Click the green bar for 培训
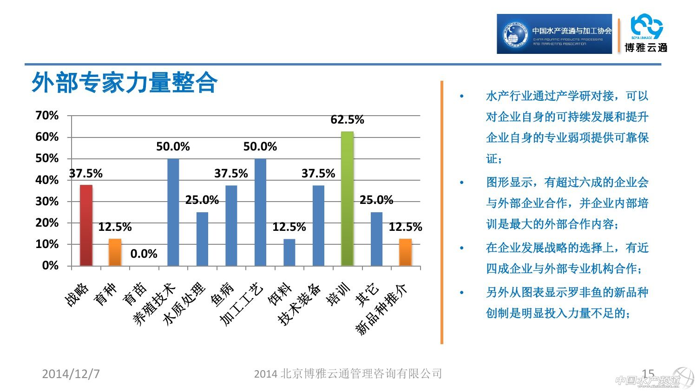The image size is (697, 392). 347,199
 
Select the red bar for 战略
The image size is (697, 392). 86,225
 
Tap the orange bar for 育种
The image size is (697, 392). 115,252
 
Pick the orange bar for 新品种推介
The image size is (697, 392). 405,252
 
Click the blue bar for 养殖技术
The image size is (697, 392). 173,212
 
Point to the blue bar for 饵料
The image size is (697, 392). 289,252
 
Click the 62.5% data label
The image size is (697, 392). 347,120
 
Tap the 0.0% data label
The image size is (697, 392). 144,254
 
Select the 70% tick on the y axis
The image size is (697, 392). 47,116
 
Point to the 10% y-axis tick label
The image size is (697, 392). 47,244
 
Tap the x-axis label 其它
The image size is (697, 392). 367,295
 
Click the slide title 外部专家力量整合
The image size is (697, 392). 124,83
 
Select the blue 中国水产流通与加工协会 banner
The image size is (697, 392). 554,34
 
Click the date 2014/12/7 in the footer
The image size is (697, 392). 71,374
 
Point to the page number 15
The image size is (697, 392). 648,373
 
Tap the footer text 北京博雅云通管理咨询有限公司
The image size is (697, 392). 348,374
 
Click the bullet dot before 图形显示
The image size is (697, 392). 461,183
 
